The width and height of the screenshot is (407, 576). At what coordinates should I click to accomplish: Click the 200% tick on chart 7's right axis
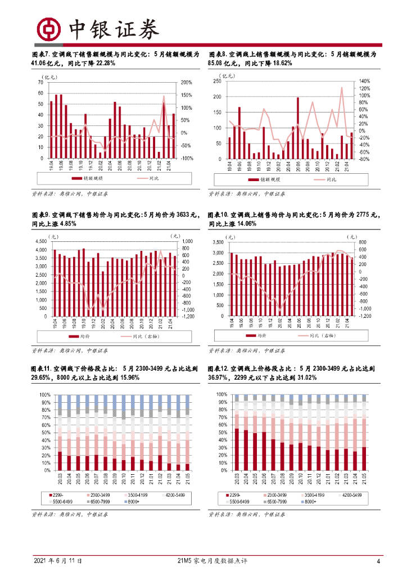pyautogui.click(x=187, y=83)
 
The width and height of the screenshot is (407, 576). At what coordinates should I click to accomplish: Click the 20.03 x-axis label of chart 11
pyautogui.click(x=60, y=479)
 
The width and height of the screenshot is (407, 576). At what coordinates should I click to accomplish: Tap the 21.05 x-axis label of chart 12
pyautogui.click(x=363, y=479)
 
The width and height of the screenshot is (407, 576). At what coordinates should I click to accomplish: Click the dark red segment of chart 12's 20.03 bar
pyautogui.click(x=237, y=449)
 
